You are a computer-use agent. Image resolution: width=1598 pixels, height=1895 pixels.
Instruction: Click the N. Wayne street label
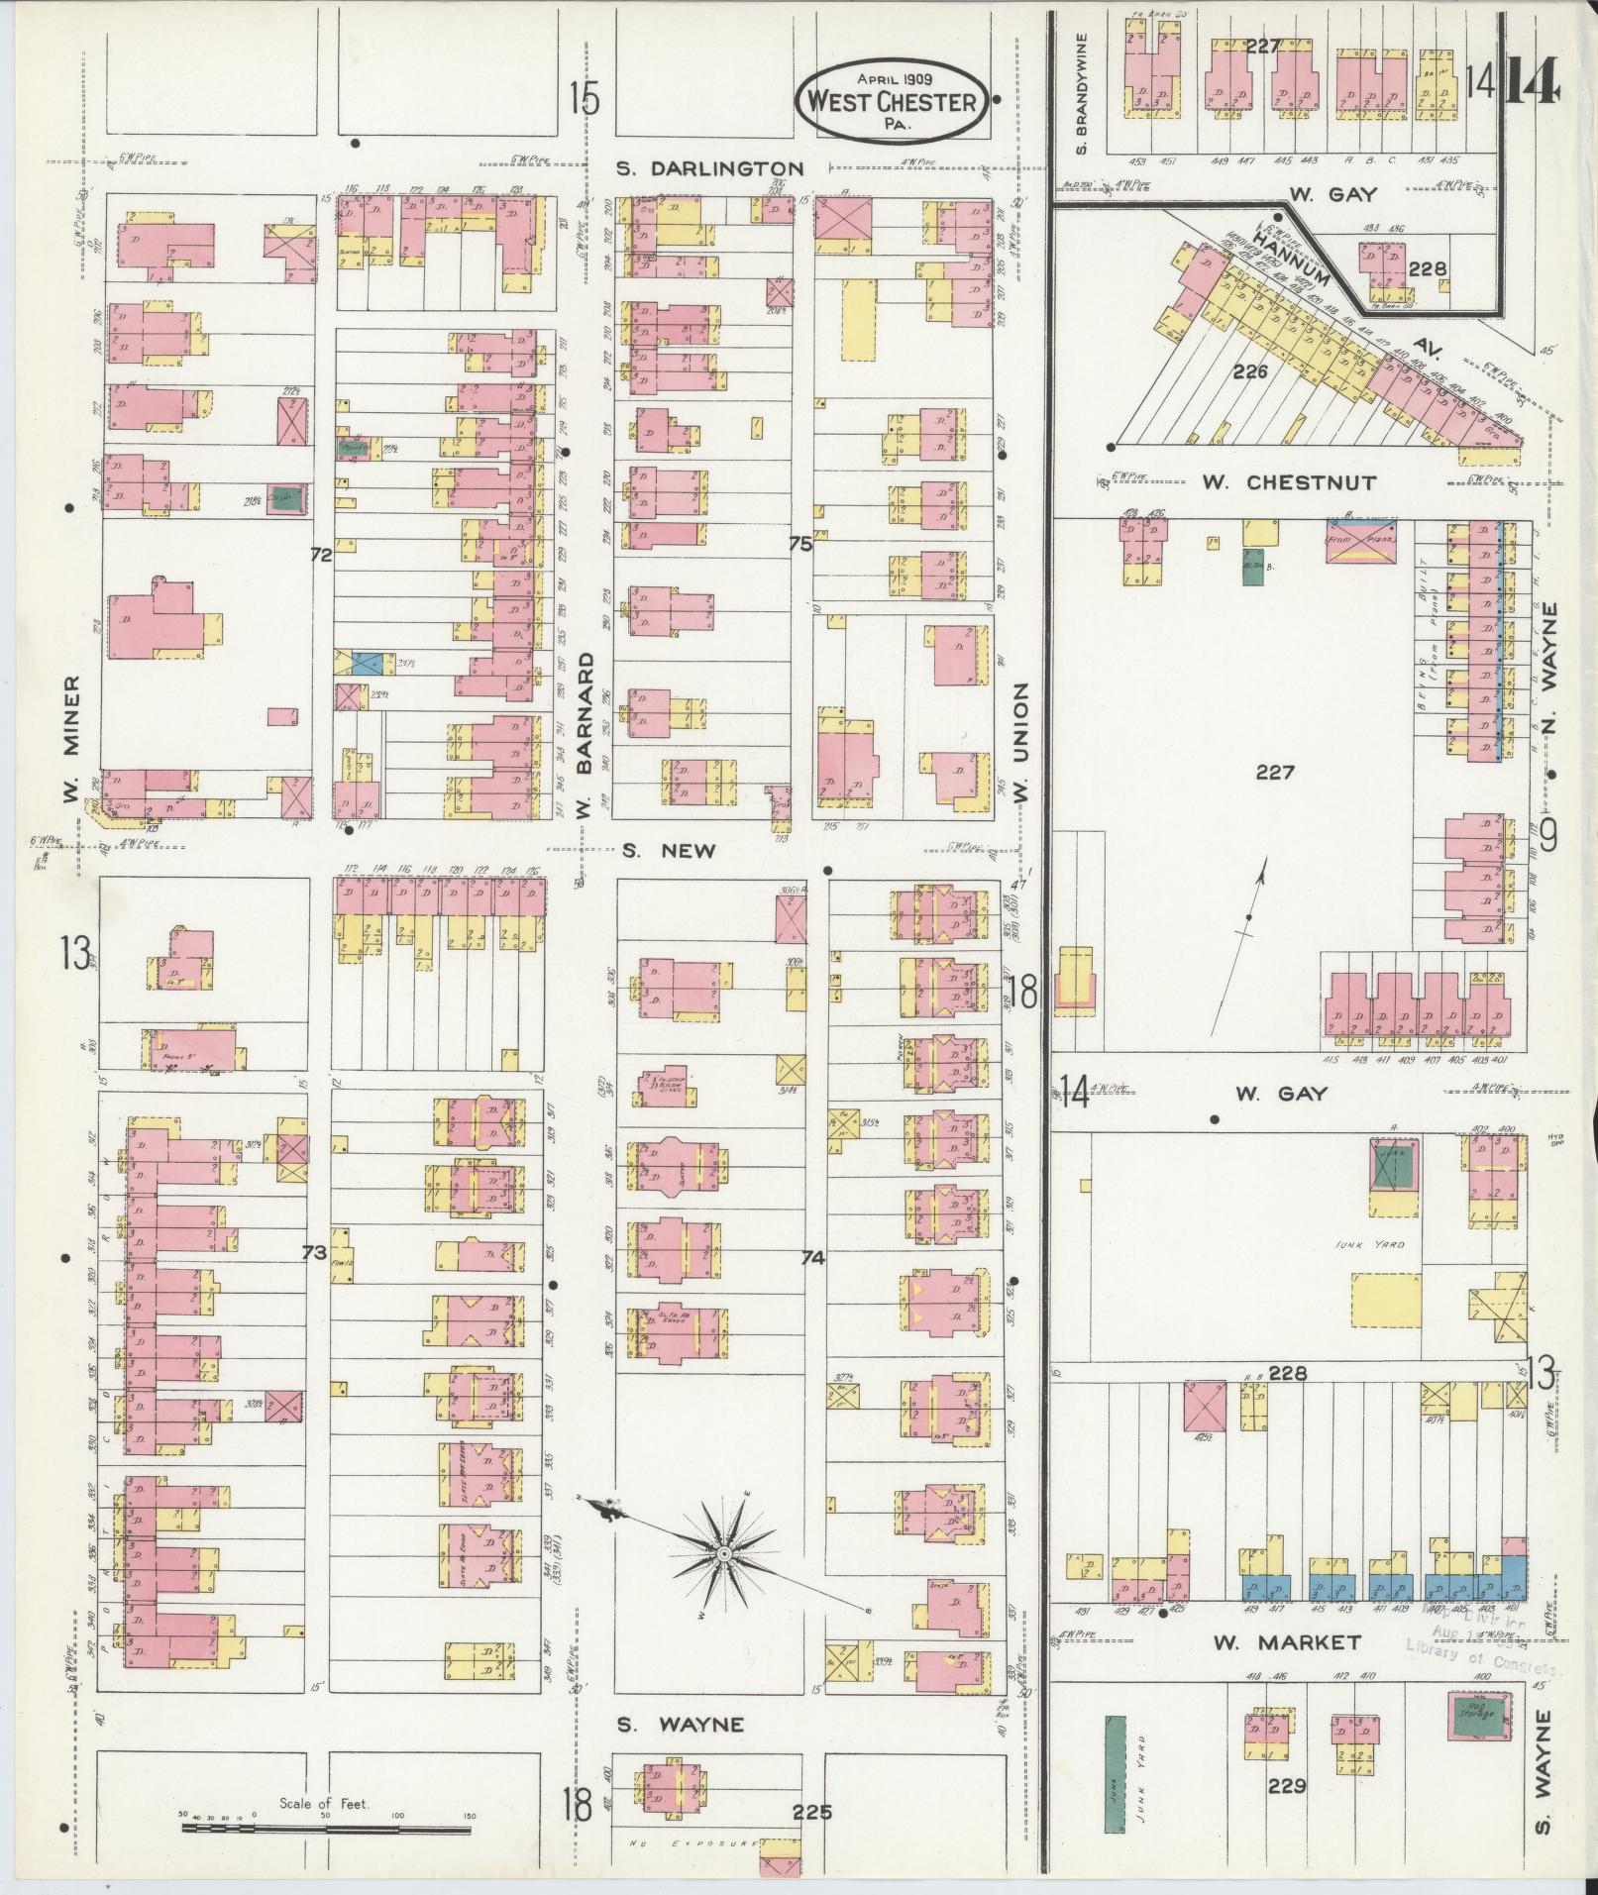click(1549, 660)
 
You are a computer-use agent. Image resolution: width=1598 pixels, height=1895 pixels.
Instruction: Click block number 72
click(319, 557)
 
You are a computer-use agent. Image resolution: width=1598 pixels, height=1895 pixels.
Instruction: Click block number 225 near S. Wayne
click(812, 1813)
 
